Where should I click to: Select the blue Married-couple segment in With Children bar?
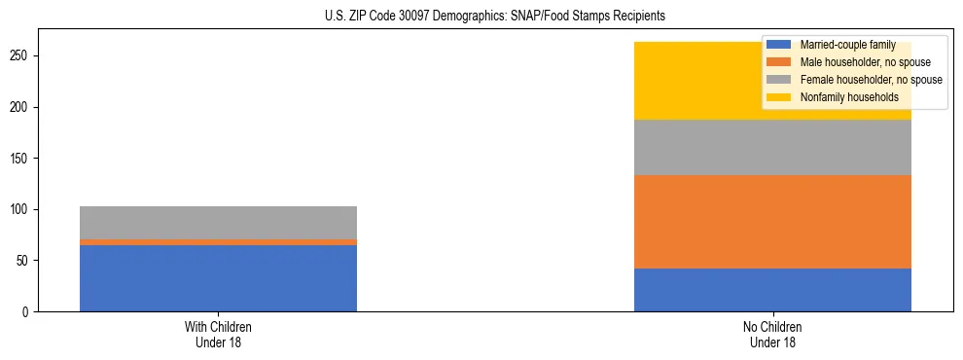tap(218, 278)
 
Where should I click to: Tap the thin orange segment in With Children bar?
tap(218, 242)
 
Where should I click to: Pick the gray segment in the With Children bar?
tap(218, 223)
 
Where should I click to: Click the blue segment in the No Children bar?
tap(772, 290)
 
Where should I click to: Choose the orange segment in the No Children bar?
tap(772, 222)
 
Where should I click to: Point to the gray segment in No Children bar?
tap(772, 148)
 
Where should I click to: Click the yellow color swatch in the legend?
tap(779, 97)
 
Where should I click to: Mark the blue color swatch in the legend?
tap(779, 45)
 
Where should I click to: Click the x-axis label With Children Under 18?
tap(218, 334)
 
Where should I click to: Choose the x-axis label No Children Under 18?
tap(772, 334)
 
